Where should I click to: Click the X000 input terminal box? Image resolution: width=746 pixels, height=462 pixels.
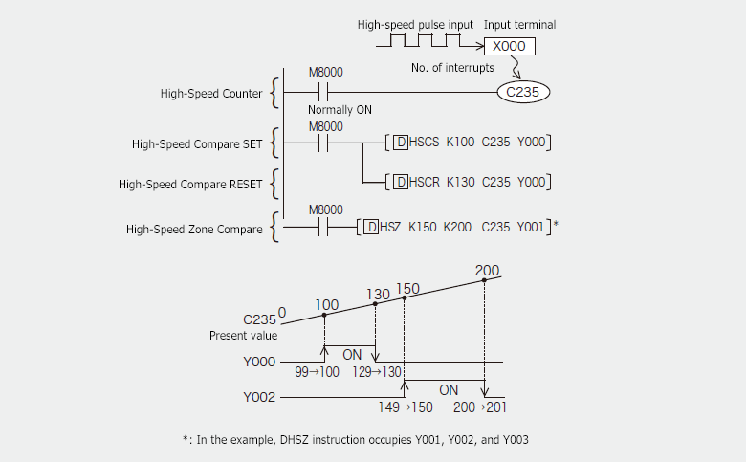click(x=509, y=47)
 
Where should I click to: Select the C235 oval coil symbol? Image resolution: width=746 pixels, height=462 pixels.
click(x=523, y=93)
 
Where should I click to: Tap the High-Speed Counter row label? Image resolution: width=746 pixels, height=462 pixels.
click(x=211, y=94)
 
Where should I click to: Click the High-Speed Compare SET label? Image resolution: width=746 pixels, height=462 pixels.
click(x=197, y=143)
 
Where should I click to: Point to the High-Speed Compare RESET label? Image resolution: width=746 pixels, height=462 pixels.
click(x=190, y=182)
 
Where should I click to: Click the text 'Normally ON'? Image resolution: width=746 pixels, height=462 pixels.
click(x=340, y=110)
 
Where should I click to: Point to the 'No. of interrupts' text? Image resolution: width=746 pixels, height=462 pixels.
click(x=452, y=68)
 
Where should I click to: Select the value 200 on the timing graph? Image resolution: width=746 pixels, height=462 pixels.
click(x=487, y=271)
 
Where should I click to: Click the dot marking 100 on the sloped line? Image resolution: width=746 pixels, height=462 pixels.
click(x=325, y=315)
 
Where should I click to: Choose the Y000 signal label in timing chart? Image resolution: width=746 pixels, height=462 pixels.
click(x=259, y=363)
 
